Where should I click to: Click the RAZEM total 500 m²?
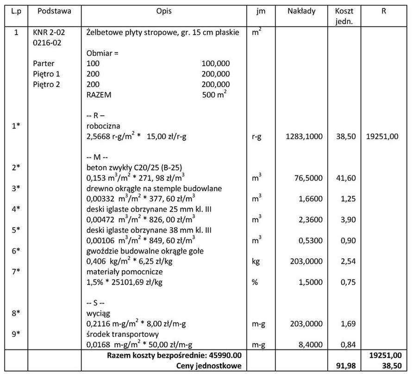point(216,94)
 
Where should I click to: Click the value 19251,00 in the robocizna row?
point(382,137)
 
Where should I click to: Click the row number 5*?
point(15,230)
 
